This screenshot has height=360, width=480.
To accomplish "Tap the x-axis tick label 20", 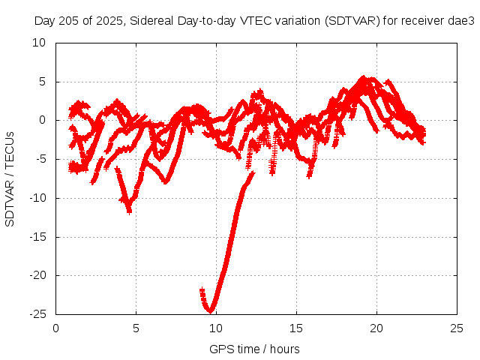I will pos(377,328).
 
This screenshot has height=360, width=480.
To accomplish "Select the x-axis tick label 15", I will pos(297,328).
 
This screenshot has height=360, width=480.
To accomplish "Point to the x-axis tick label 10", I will pos(216,328).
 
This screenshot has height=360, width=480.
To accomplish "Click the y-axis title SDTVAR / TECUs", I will pos(10,178).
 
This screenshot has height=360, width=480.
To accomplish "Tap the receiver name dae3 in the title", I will pos(462,21).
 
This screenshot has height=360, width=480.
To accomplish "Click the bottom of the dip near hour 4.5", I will pos(130,211).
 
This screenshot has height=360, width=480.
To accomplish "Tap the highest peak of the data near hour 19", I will pos(364,77).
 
